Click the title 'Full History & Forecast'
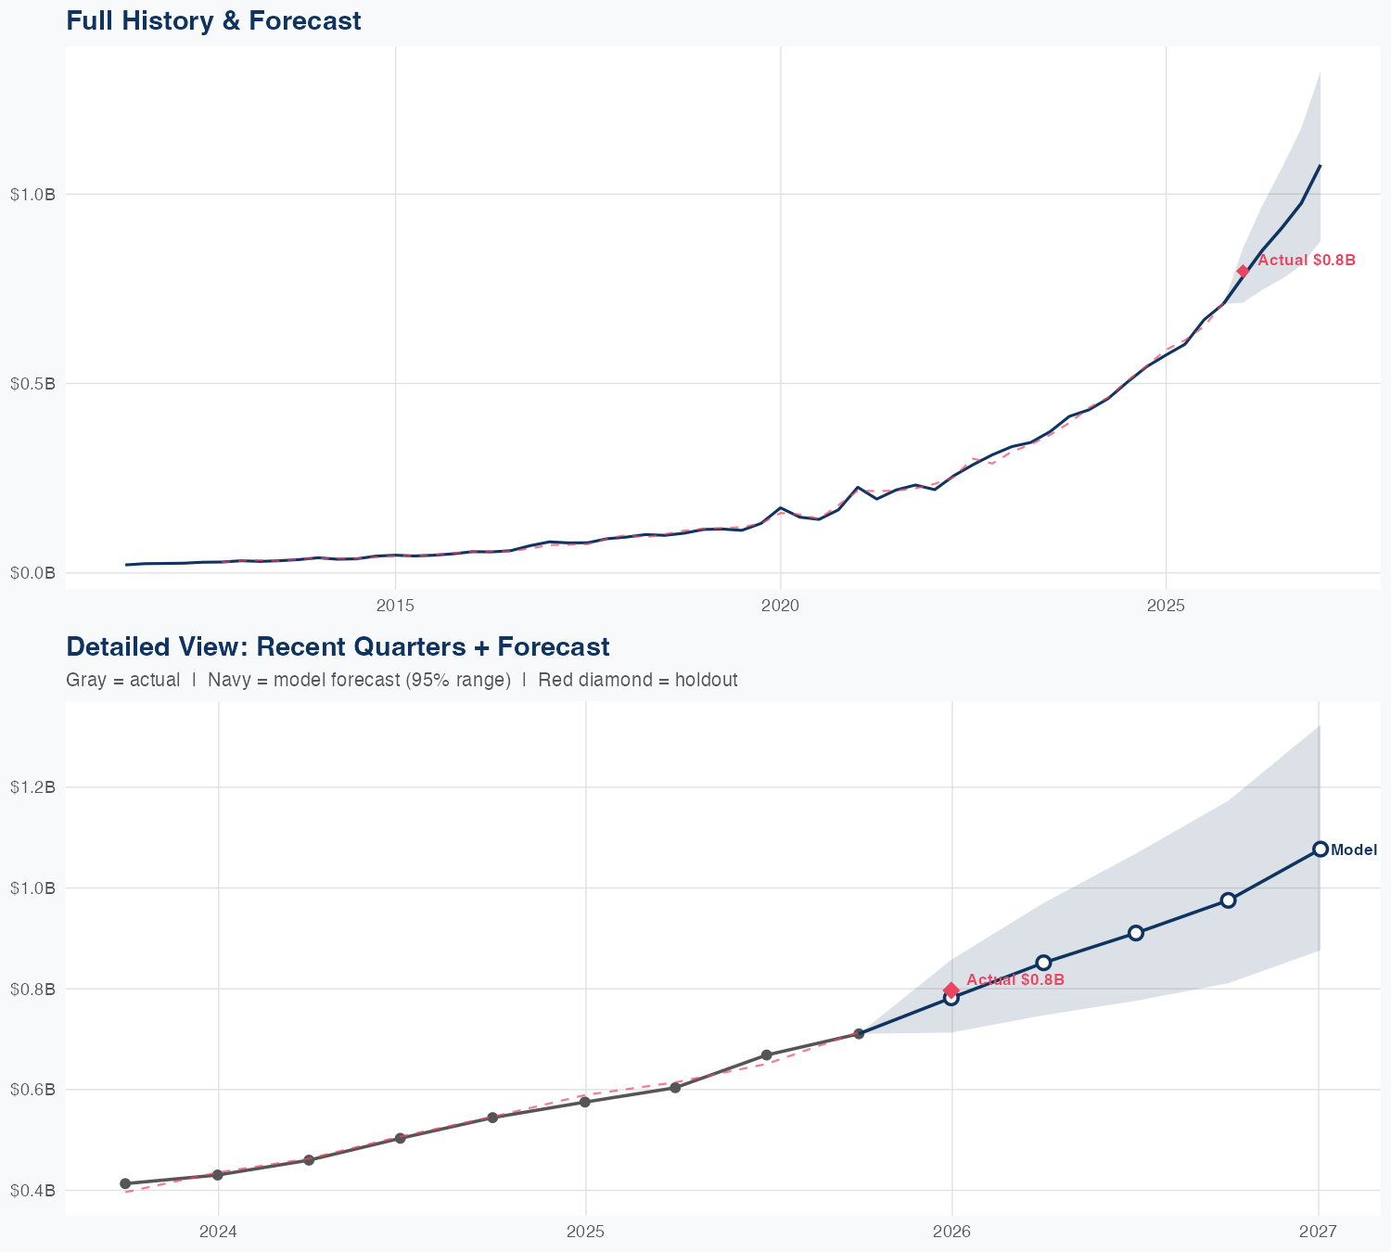click(x=213, y=20)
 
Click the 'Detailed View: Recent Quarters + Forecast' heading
click(x=338, y=646)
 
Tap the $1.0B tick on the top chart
click(x=32, y=195)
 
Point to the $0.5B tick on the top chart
click(x=32, y=384)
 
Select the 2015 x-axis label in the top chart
click(x=395, y=606)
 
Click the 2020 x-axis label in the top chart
click(x=780, y=606)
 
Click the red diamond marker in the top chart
click(x=1243, y=271)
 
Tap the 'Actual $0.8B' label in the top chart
click(x=1307, y=261)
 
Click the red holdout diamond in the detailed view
click(x=951, y=990)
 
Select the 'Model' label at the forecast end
click(x=1354, y=850)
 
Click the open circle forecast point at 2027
click(x=1320, y=849)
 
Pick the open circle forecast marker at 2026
click(x=951, y=998)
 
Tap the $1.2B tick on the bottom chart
click(x=32, y=787)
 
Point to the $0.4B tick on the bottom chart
click(x=32, y=1190)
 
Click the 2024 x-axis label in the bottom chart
click(x=218, y=1232)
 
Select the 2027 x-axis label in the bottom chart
click(x=1318, y=1232)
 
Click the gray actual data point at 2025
click(x=584, y=1102)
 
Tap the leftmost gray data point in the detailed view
click(x=125, y=1183)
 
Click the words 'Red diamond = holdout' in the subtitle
click(x=637, y=680)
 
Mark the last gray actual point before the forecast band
click(x=859, y=1033)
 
